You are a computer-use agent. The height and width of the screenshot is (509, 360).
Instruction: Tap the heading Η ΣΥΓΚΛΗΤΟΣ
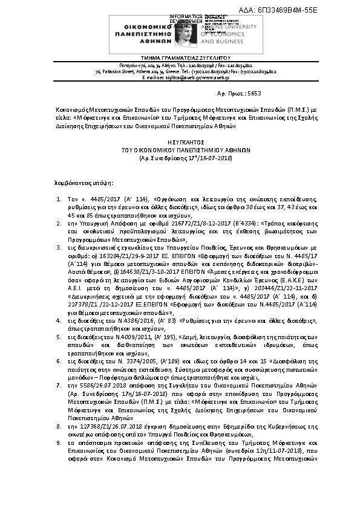179,137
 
